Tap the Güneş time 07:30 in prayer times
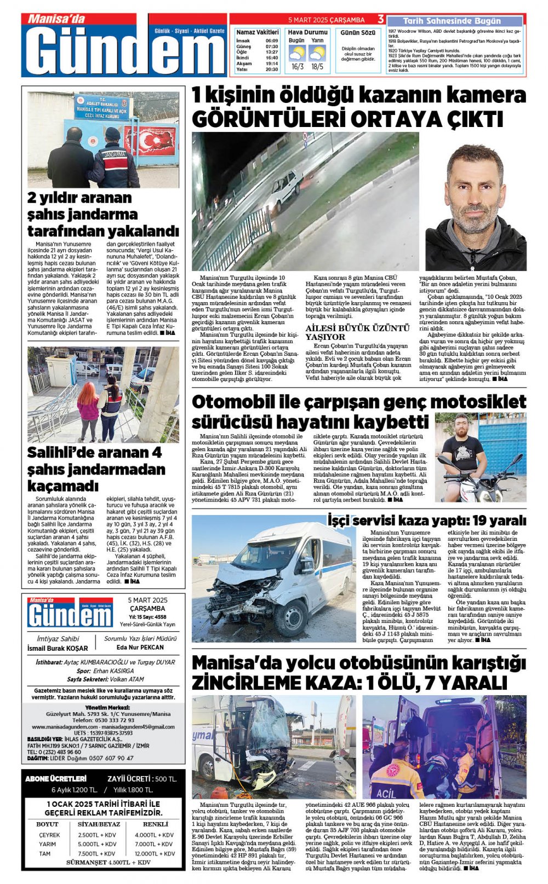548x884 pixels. coord(272,47)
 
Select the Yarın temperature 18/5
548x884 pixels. coord(317,67)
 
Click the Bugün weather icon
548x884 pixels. coord(297,53)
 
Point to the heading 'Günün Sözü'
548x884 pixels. coord(358,33)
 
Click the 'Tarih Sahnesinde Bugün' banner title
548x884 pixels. coord(452,21)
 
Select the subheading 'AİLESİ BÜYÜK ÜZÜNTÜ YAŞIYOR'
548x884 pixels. coord(357,332)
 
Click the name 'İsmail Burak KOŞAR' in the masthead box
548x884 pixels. coord(58,648)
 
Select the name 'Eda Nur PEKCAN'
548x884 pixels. coord(140,647)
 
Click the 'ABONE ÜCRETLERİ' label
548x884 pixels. coord(56,778)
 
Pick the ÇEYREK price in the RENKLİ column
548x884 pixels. coord(154,835)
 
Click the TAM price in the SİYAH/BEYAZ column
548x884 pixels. coord(97,853)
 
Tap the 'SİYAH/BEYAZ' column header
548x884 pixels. coord(99,824)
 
